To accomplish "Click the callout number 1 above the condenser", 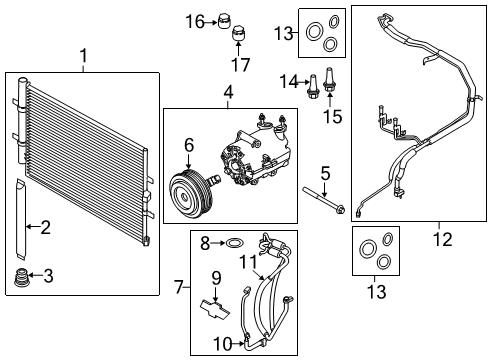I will [x=83, y=58].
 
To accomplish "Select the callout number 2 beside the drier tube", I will [x=44, y=228].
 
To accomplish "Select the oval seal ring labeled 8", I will [x=233, y=242].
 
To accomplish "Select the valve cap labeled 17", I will [x=238, y=36].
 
